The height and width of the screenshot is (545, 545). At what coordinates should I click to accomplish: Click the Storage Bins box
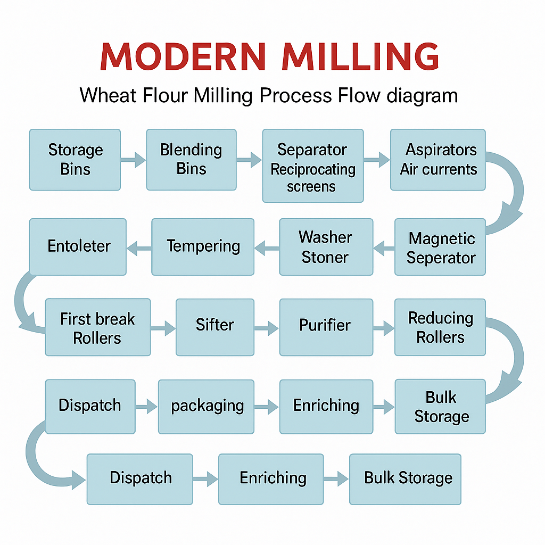pos(75,160)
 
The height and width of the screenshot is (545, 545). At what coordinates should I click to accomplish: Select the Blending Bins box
pos(191,160)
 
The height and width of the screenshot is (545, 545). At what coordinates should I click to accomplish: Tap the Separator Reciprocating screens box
pos(312,166)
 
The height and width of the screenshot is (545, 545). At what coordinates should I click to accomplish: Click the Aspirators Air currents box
pos(437,160)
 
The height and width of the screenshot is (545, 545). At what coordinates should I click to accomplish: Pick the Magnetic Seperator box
pos(440,247)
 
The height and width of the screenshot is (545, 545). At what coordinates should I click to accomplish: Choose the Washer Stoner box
pos(326,247)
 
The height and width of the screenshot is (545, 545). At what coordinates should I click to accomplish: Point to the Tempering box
pos(202,247)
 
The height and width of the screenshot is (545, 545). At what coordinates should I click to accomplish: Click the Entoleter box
pos(78,247)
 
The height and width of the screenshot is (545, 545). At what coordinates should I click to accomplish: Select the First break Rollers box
pos(97,327)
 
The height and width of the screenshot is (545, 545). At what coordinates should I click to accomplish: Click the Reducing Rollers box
pos(440,327)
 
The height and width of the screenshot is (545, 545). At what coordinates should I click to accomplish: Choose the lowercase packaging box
pos(206,407)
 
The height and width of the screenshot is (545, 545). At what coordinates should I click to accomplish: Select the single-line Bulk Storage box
pos(405,479)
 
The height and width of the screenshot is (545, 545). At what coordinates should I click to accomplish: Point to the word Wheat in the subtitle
pos(109,96)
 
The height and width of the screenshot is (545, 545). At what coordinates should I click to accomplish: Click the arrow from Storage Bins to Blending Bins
pos(133,159)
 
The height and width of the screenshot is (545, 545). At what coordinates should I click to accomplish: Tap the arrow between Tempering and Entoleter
pos(138,247)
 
